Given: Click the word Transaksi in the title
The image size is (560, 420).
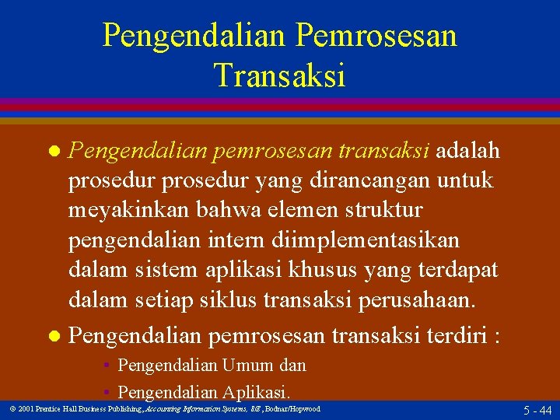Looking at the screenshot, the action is coord(280,75).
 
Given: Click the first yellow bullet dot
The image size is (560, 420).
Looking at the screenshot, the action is coord(54,151).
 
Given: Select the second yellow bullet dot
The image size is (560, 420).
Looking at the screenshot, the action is coord(54,336).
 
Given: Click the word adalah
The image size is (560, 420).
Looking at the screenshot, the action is coord(467,149).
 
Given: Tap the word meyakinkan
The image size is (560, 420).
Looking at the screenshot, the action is coord(128,211).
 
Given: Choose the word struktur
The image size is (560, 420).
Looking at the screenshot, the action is coord(384,210).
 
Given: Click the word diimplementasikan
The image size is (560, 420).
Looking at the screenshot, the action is coord(366,241).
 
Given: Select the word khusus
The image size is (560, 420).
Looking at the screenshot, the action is coord(322,270).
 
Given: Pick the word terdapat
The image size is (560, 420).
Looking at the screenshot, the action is coord(458,271).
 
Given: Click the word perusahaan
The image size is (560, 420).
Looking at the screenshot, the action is coord(417,302).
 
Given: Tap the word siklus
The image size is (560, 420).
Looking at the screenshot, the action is coord(228,300).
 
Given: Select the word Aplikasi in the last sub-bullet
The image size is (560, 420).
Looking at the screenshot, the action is coord(256,392).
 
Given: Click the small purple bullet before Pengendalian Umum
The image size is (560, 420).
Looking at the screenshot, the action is coord(107,365).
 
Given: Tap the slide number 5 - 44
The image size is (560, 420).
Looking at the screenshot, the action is coord(537,410).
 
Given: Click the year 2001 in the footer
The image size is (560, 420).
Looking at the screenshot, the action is coord(26,409).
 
